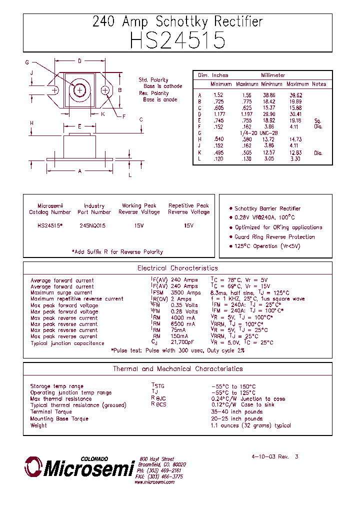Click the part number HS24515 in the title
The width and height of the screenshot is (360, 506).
pos(177,40)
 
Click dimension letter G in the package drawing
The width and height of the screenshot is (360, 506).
pos(27,62)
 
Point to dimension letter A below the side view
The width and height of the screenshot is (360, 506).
pos(80,171)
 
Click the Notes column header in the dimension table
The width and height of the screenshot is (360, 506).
pos(319,84)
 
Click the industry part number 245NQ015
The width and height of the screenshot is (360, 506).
pos(93,225)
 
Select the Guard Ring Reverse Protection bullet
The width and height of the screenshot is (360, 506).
pos(274,237)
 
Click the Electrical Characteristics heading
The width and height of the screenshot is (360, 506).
pos(177,268)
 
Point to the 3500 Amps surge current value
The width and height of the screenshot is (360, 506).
pos(185,292)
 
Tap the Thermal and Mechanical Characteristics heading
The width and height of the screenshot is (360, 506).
pos(177,369)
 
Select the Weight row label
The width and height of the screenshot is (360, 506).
pos(38,425)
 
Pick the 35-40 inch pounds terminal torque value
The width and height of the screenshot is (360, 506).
pos(236,411)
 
